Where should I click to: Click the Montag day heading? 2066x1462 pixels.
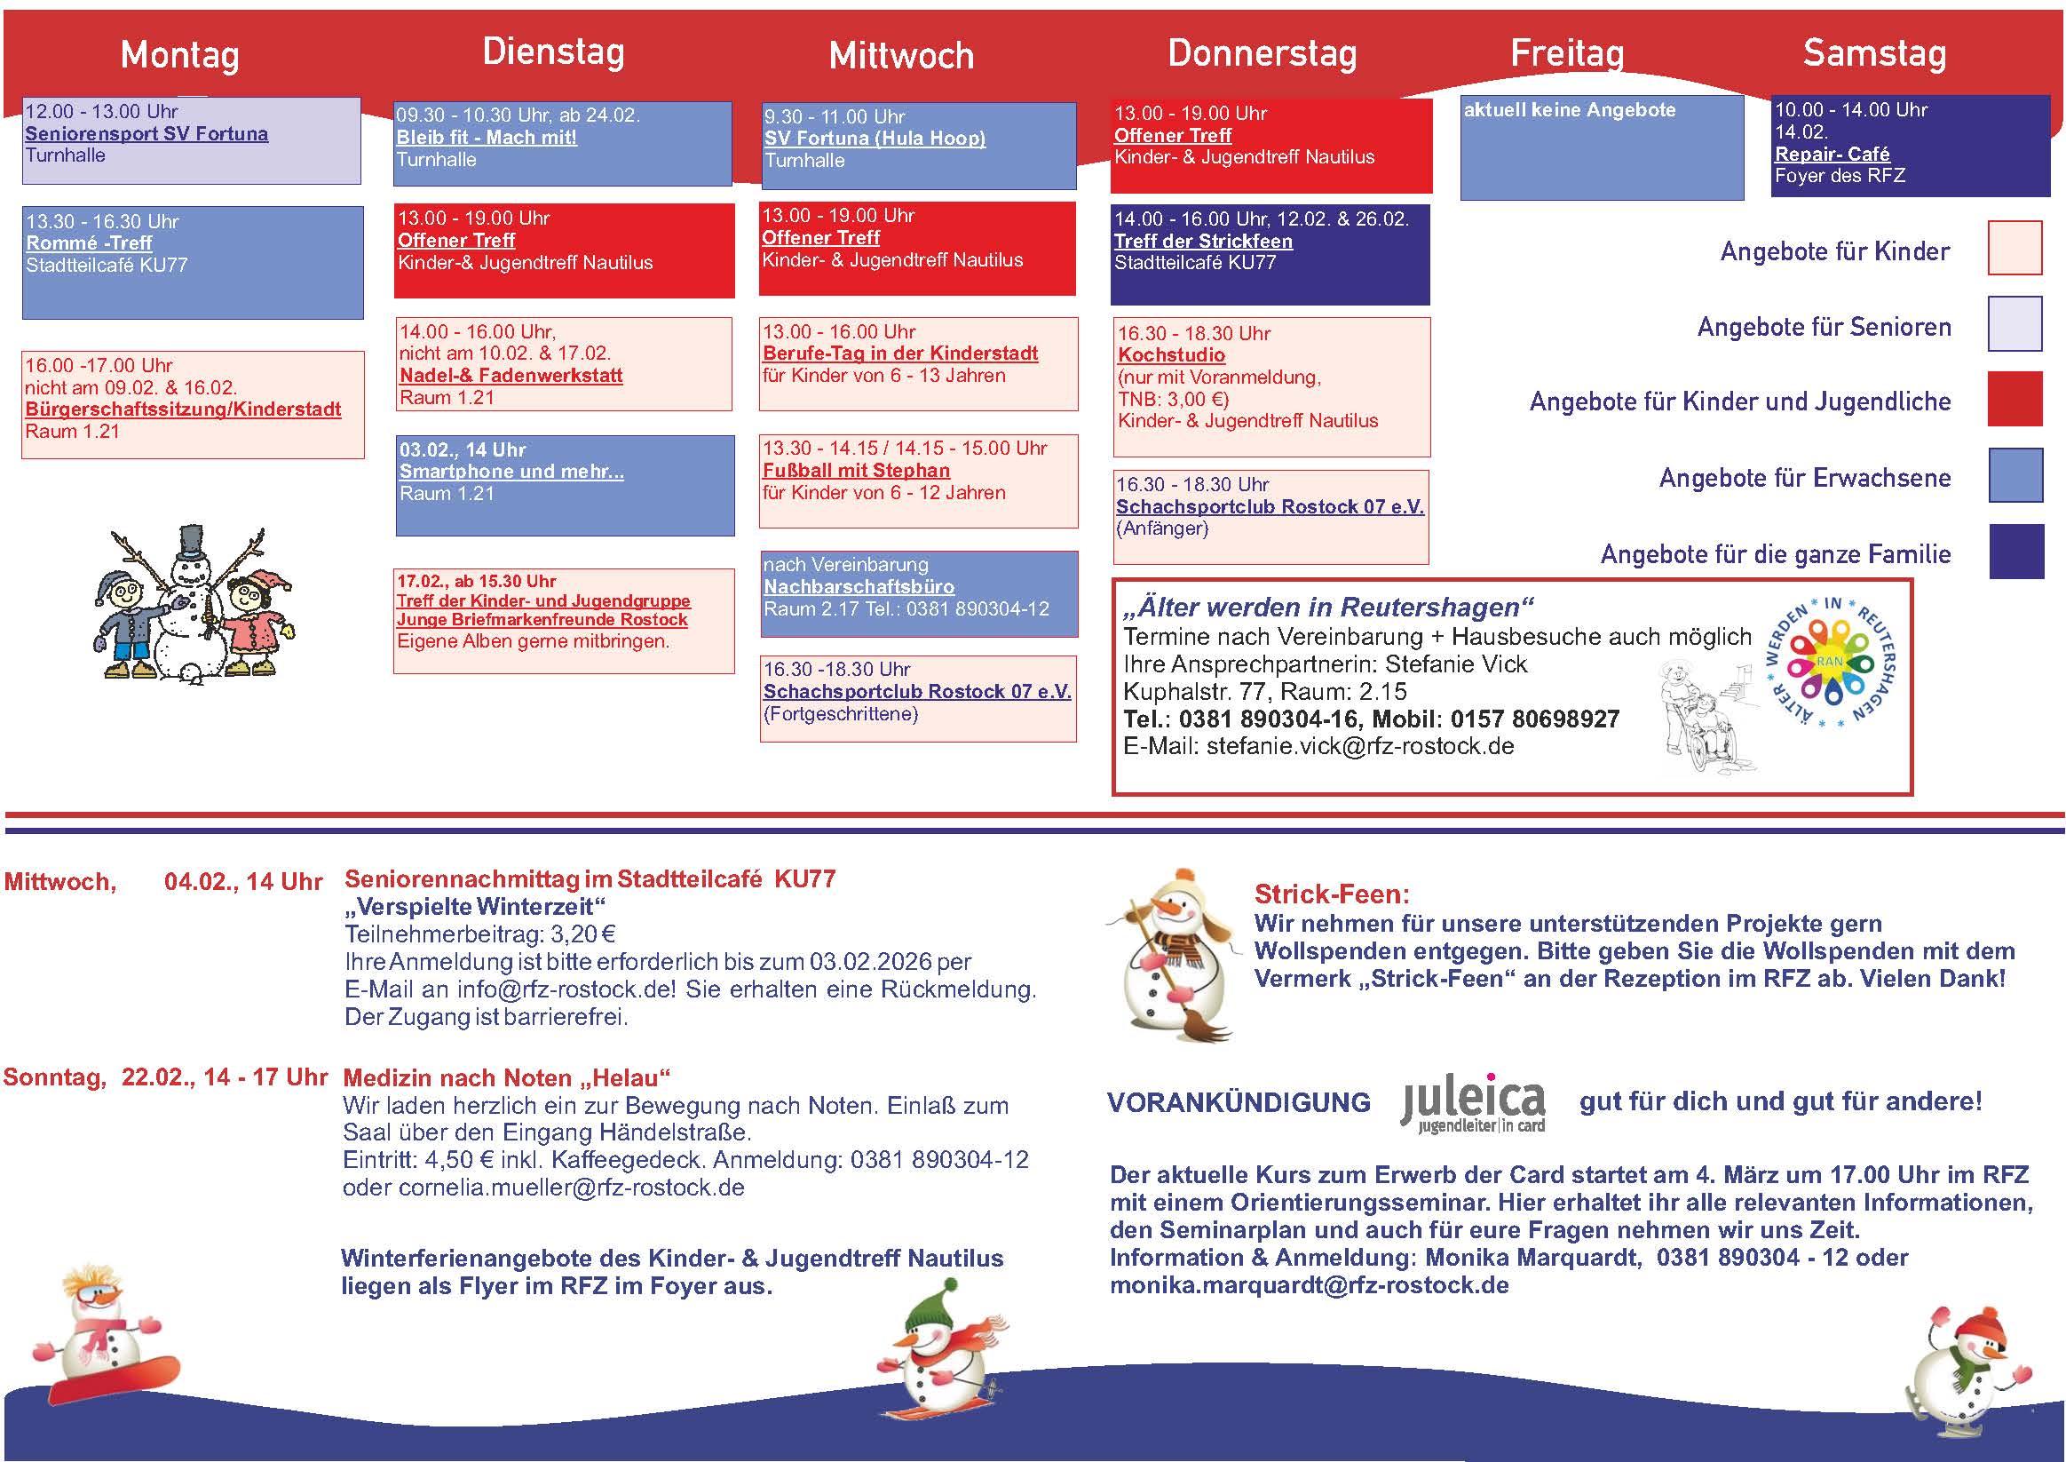coord(180,55)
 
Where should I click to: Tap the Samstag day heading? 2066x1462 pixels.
coord(1874,53)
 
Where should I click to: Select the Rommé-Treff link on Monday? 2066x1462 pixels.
coord(89,243)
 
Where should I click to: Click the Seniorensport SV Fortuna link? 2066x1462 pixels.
coord(146,134)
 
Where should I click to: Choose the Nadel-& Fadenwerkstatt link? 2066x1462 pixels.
coord(511,376)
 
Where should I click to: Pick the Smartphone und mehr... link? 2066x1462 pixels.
coord(511,472)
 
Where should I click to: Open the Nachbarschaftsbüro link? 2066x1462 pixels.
coord(859,587)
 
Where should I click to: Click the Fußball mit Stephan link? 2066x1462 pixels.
coord(856,471)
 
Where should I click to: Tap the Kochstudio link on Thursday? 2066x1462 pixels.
coord(1172,355)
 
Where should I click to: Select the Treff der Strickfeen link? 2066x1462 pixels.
coord(1203,242)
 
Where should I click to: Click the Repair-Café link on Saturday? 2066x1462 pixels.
coord(1831,154)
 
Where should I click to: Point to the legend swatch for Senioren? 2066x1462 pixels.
coord(2015,324)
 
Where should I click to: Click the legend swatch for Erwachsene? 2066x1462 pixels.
coord(2015,475)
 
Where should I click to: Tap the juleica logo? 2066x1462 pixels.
coord(1473,1103)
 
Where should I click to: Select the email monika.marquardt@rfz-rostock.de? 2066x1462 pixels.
coord(1310,1285)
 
